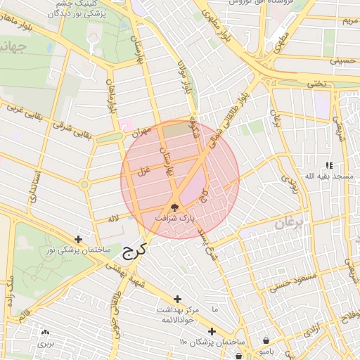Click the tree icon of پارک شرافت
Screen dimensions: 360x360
click(x=174, y=207)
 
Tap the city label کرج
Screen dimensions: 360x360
click(x=133, y=251)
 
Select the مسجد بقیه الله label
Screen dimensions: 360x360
click(x=328, y=175)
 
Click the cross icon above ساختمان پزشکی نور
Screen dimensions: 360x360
click(x=78, y=239)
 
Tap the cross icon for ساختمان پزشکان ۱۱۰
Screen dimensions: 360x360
click(x=212, y=331)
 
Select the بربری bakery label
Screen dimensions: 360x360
click(x=46, y=344)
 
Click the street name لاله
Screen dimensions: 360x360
click(x=113, y=219)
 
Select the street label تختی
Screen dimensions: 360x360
click(x=319, y=83)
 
